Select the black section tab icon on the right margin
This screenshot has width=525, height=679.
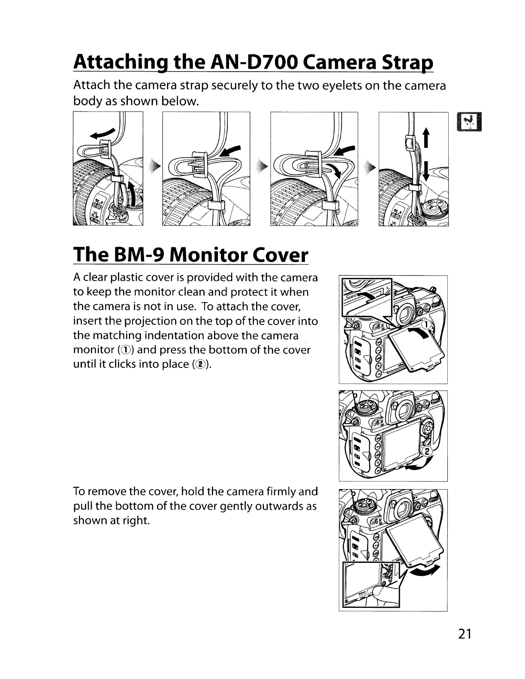coord(471,120)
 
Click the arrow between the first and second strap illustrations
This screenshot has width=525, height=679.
coord(154,166)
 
